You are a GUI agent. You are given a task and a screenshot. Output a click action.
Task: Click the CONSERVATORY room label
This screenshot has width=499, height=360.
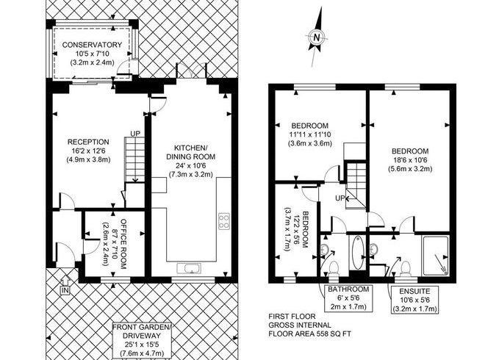click(x=92, y=45)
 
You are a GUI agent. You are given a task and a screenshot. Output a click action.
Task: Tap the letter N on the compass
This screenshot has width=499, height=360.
click(x=316, y=37)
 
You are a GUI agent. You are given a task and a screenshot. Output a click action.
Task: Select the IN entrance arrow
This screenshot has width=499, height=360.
click(x=65, y=285)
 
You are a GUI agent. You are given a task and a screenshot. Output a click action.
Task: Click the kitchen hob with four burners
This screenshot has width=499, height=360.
click(x=224, y=220)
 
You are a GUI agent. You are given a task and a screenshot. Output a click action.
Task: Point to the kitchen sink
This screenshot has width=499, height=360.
click(x=189, y=269)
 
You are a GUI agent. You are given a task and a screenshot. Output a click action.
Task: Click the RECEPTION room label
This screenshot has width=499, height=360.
click(x=88, y=142)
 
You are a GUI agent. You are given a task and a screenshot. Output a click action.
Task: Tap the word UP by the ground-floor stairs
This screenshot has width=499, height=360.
click(x=135, y=134)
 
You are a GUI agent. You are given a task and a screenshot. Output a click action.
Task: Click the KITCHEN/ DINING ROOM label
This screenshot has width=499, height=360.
click(x=190, y=152)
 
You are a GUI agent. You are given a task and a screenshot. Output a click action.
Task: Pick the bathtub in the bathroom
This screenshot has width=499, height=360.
click(x=357, y=253)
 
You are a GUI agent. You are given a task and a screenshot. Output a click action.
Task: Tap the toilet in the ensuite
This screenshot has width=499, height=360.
click(x=406, y=269)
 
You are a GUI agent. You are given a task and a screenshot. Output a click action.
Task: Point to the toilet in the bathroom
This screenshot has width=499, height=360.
click(x=334, y=269)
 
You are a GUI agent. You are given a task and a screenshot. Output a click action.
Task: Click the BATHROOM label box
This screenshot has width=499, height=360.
click(x=348, y=298)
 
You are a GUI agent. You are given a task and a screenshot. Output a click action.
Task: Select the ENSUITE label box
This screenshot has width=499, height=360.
click(x=415, y=300)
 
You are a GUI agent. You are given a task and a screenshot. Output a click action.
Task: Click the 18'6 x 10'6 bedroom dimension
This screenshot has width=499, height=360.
click(x=410, y=160)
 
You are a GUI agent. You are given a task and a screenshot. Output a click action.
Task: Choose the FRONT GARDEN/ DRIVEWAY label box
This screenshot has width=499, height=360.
click(x=142, y=340)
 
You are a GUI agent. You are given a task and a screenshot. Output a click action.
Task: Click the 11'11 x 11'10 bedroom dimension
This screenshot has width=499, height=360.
click(x=310, y=134)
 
